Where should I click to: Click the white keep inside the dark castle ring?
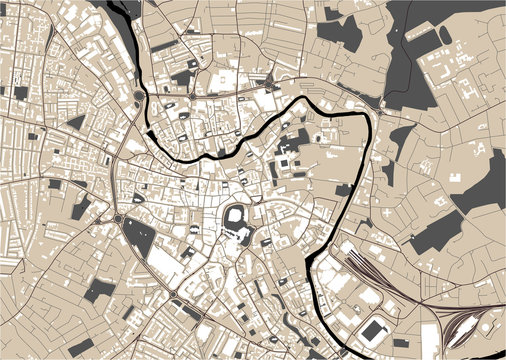point(237,217)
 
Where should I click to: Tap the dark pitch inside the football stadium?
point(376,328)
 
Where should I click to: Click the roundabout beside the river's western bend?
point(136,96)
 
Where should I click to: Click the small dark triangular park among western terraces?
point(75,122)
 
